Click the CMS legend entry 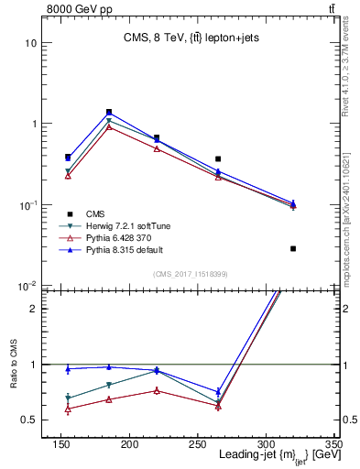click(96, 213)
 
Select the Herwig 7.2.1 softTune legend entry click(122, 225)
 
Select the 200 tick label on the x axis click(182, 443)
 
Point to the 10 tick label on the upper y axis click(30, 43)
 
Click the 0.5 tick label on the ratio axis click(27, 420)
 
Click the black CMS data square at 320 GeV click(293, 248)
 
